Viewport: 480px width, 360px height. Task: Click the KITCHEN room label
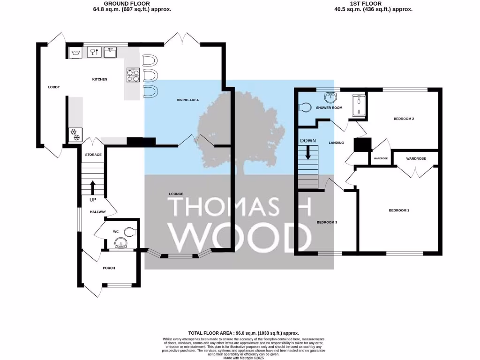click(99, 79)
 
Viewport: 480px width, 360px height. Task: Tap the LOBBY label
click(53, 87)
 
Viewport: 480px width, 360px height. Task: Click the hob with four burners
click(133, 75)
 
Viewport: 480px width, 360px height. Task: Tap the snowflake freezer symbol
click(75, 133)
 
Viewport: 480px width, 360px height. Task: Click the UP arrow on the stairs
click(92, 187)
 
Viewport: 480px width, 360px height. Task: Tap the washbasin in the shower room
click(331, 97)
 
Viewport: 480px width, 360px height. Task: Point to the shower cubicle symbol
click(359, 105)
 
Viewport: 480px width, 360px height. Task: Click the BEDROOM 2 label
click(403, 119)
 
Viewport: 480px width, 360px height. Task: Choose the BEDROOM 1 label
click(399, 210)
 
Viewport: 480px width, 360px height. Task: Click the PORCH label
click(109, 268)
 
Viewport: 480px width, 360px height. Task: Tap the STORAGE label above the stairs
click(93, 154)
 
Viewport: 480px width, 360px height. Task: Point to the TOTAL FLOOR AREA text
click(243, 332)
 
